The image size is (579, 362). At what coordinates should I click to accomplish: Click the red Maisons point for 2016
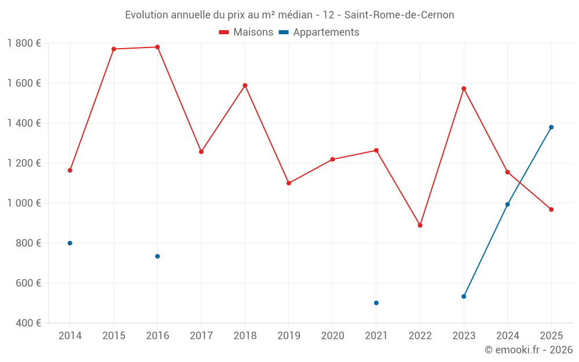157,47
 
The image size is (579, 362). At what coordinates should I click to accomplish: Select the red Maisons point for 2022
420,225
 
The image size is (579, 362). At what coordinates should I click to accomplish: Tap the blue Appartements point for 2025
551,127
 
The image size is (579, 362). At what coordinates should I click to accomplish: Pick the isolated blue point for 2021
376,303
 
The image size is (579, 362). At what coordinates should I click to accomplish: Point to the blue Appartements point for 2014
70,243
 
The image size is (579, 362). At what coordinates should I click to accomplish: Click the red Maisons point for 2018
245,86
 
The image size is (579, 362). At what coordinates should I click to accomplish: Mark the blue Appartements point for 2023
464,297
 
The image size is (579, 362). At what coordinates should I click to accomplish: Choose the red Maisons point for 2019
289,183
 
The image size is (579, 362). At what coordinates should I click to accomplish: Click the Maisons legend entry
246,32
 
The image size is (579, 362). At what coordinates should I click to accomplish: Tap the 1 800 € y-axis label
24,43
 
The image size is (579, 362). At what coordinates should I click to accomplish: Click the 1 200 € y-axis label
24,163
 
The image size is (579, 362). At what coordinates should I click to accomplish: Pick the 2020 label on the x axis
332,336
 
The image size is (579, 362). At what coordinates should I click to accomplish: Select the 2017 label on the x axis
201,336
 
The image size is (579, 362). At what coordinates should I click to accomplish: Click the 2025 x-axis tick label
551,336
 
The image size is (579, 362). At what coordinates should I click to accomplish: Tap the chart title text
289,15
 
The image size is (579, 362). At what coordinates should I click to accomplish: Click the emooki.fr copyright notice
528,350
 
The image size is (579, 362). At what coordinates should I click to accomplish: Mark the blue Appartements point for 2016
157,257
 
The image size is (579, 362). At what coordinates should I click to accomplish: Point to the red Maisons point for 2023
464,89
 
